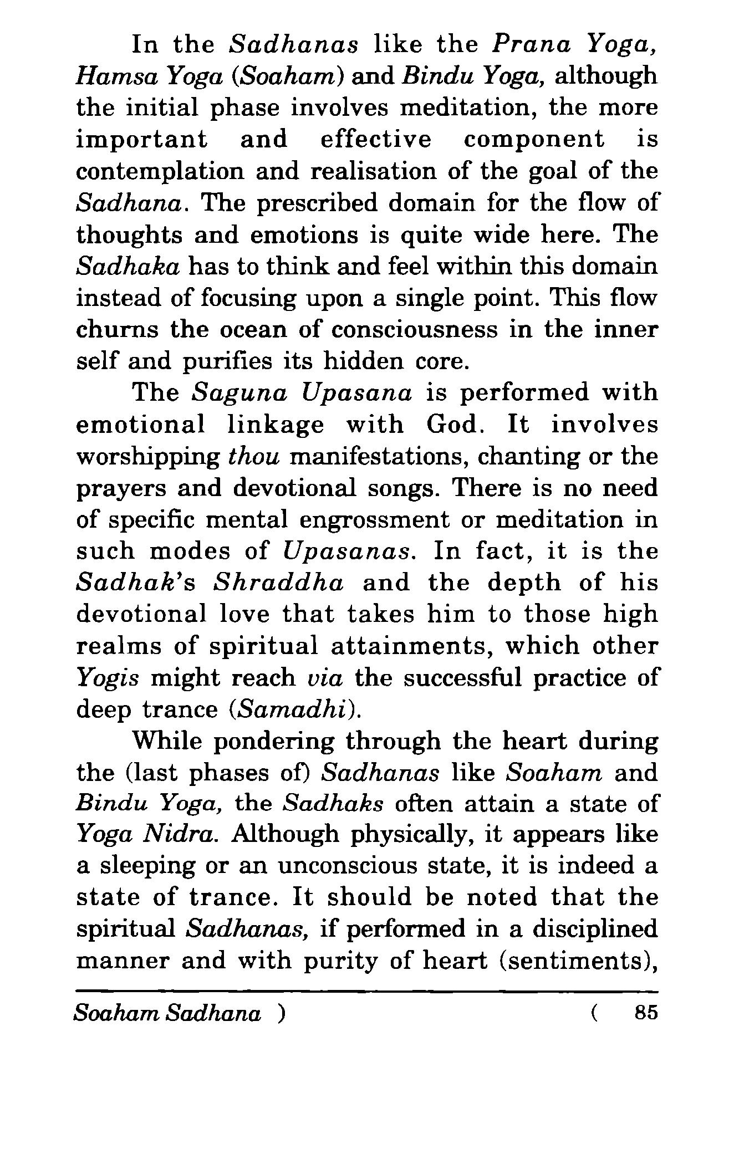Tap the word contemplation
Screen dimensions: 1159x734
(x=160, y=171)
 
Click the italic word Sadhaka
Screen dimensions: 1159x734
(x=128, y=267)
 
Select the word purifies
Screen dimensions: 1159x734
(x=230, y=362)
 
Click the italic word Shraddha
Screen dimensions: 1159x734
(x=279, y=583)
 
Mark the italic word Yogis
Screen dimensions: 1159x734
(x=107, y=678)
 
